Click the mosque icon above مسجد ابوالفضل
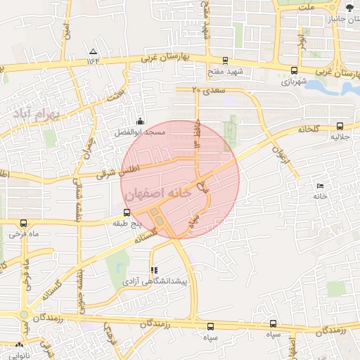click(141, 121)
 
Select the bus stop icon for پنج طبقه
click(127, 212)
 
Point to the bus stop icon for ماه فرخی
click(25, 224)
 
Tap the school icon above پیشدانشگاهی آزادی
click(154, 270)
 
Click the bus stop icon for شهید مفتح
click(224, 60)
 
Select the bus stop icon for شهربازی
click(293, 70)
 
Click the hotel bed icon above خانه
click(321, 186)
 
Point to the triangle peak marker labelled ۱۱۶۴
click(94, 51)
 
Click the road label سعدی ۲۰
click(206, 91)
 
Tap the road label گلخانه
click(308, 129)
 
